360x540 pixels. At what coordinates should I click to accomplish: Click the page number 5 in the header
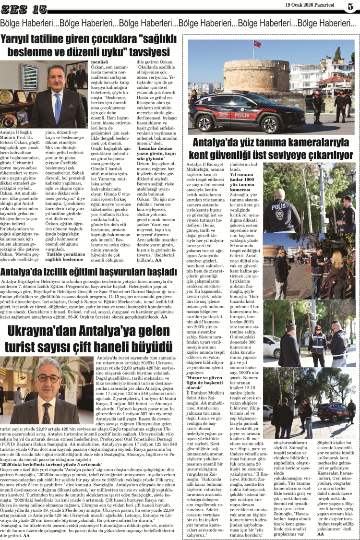click(x=350, y=6)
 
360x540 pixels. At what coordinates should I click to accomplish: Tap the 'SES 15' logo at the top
click(x=24, y=9)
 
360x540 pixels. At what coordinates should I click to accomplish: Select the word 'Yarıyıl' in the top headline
click(x=18, y=39)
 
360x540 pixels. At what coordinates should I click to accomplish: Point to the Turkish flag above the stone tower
click(x=257, y=44)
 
